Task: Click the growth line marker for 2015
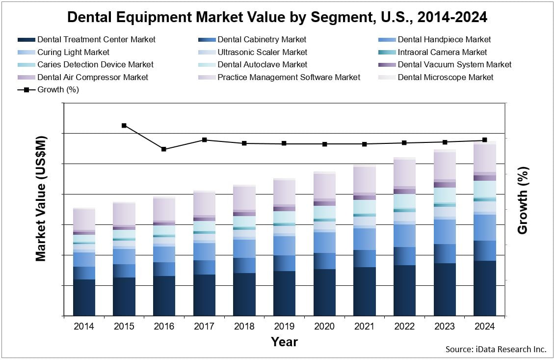pos(124,125)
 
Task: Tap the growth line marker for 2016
pos(164,149)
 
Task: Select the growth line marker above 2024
pos(485,140)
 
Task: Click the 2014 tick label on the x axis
pos(84,327)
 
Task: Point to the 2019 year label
pos(284,327)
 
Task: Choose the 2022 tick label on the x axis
pos(404,327)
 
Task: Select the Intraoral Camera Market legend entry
pos(442,52)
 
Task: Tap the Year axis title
pos(284,342)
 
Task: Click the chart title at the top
pos(277,17)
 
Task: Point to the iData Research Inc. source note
pos(496,349)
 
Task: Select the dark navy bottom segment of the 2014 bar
pos(84,297)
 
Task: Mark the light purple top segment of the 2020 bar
pos(324,186)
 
